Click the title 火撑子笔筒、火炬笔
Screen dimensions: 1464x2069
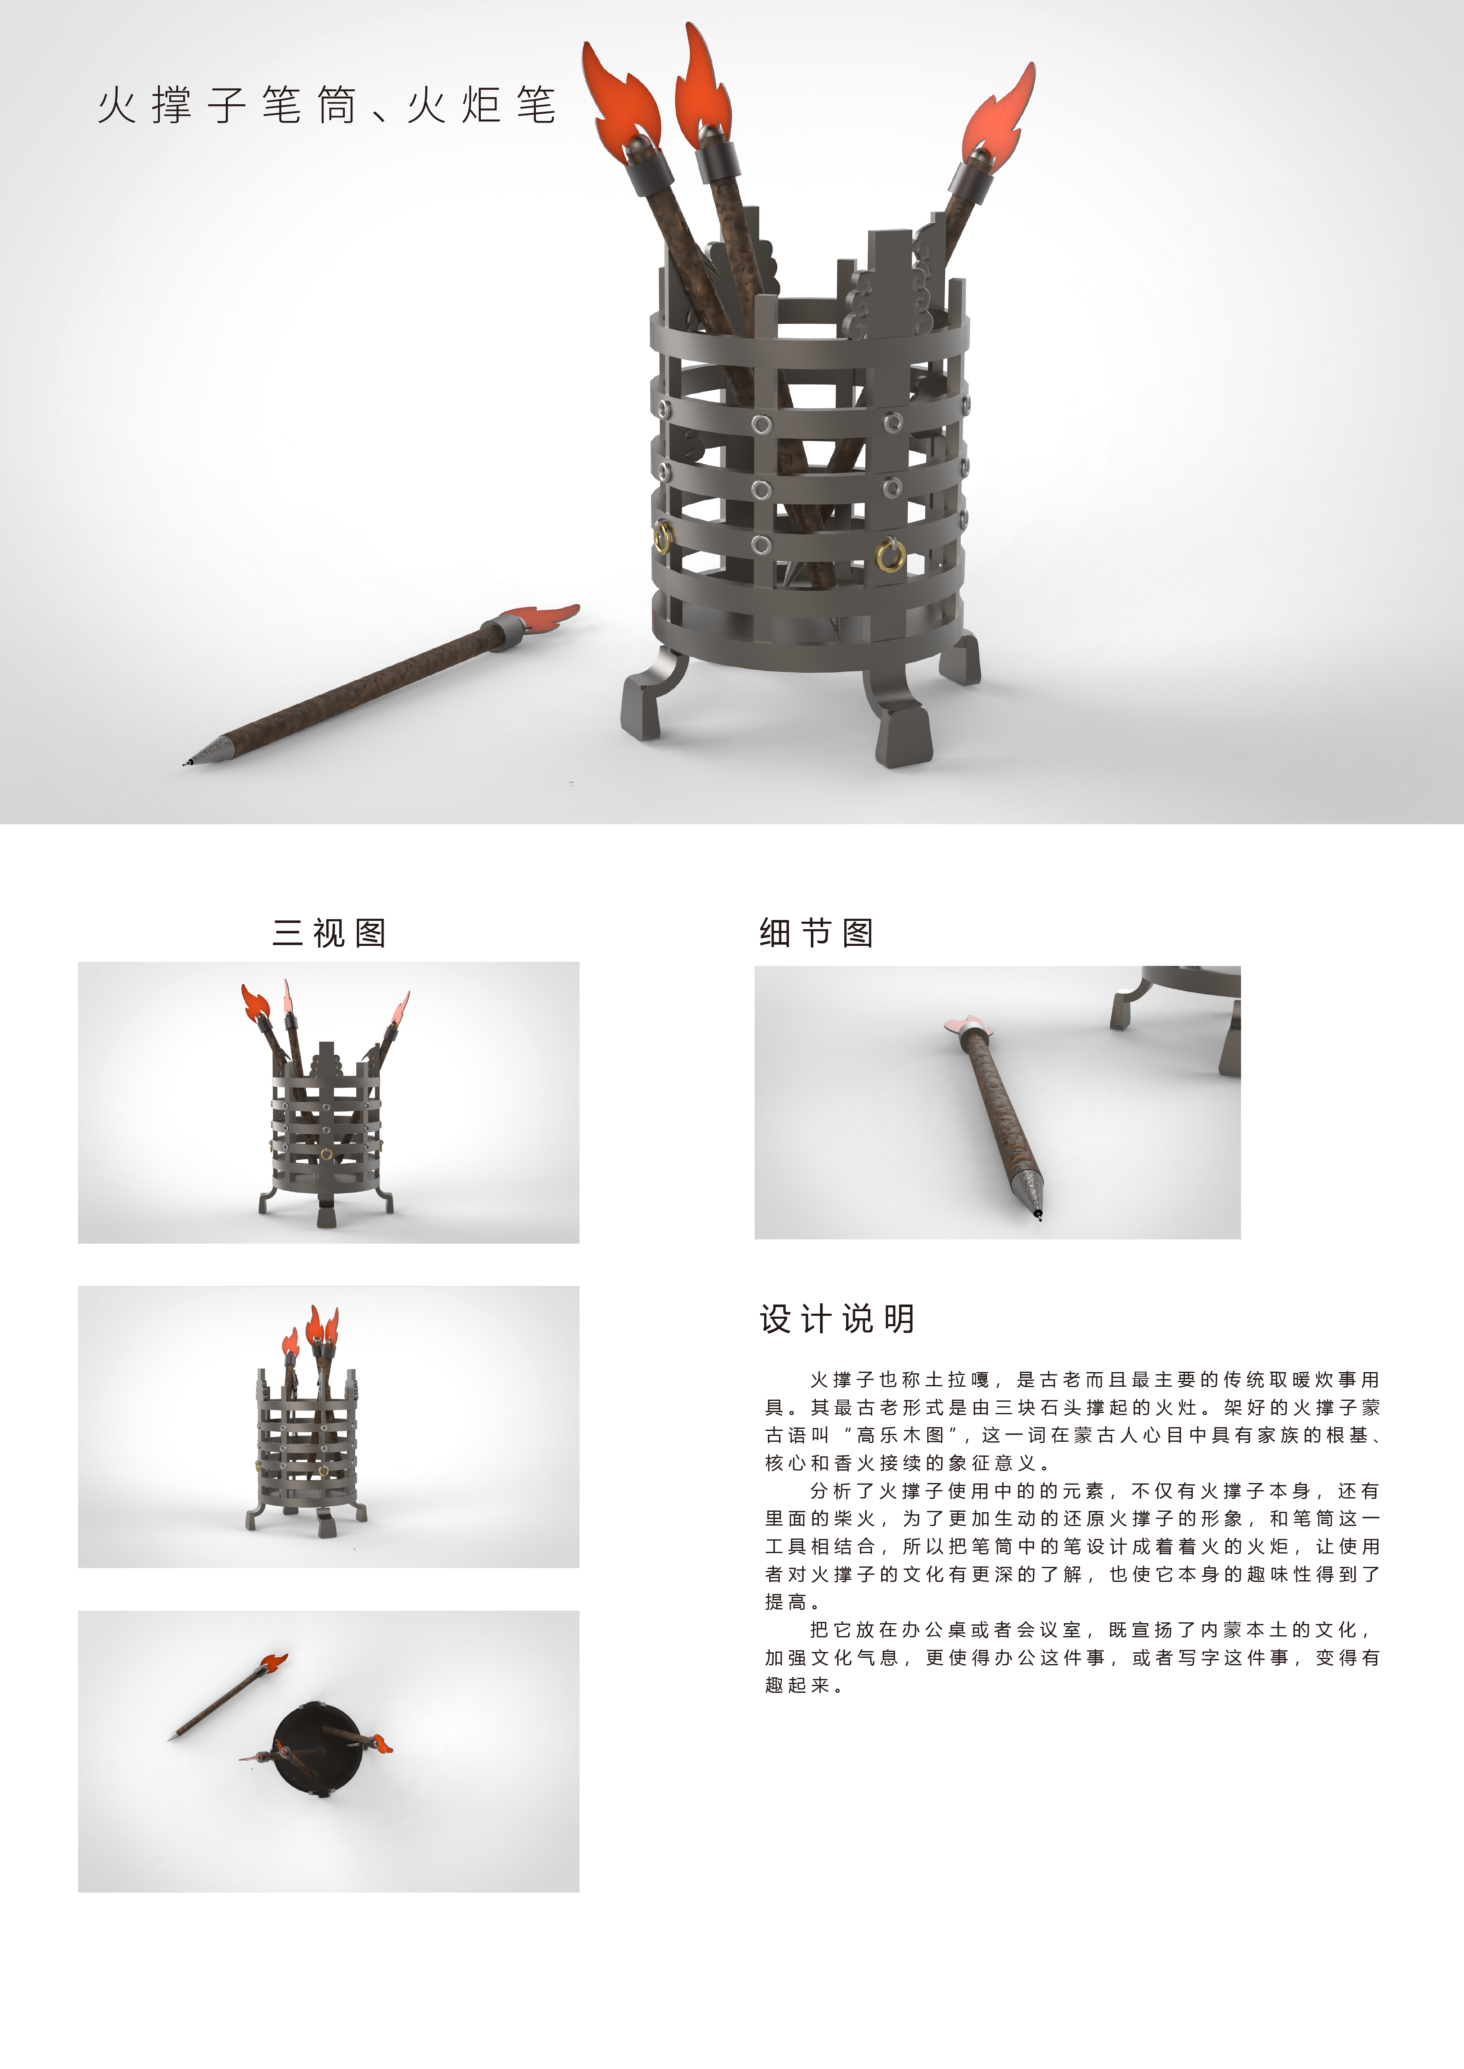tap(326, 106)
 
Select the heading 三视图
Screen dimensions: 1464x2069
tap(329, 933)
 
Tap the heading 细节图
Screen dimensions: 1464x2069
tap(816, 933)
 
